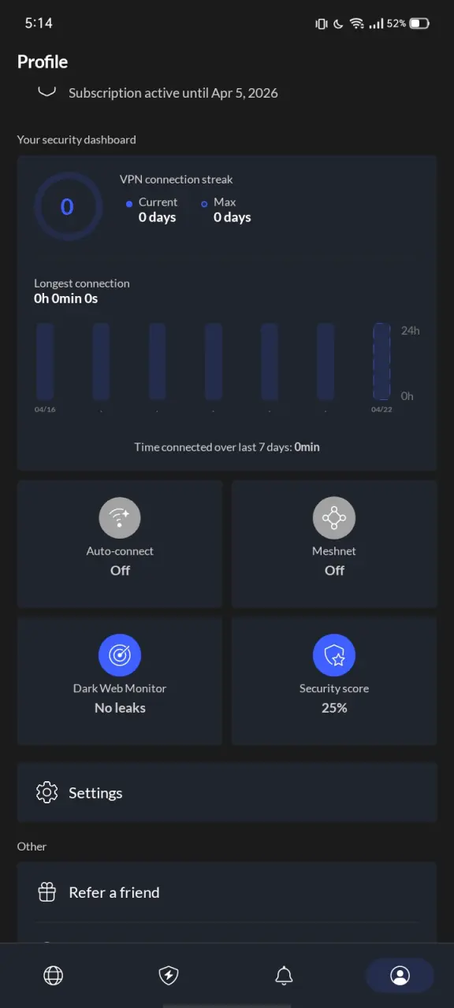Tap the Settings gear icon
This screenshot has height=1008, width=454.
(47, 792)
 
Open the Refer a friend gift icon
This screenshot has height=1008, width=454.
(47, 892)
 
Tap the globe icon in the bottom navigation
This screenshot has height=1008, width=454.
(53, 975)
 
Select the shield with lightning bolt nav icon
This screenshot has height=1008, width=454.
(169, 975)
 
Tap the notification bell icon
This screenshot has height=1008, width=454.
(285, 975)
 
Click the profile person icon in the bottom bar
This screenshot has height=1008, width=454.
(400, 975)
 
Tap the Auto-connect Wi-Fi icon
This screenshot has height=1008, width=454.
(120, 517)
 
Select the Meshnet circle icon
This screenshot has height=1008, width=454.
(334, 517)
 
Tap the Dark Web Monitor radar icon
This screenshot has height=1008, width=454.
(120, 654)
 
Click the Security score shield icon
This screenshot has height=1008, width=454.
(334, 654)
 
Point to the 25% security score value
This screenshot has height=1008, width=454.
(334, 708)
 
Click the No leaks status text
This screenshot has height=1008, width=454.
(120, 708)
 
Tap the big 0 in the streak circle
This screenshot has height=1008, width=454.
(67, 206)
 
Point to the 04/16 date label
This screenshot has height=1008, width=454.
(45, 409)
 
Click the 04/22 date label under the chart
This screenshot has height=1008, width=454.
(381, 409)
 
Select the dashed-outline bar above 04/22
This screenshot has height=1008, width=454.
(381, 361)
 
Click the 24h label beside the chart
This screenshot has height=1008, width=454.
(411, 330)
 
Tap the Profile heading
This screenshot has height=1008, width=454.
(43, 61)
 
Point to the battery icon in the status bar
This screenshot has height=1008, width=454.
(419, 24)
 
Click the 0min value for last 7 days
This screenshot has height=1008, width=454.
(307, 447)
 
